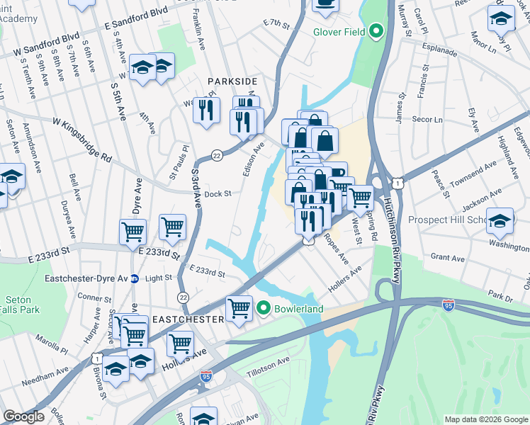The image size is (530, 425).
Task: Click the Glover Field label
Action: click(x=339, y=31)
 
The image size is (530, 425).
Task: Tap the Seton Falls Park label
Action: click(x=18, y=305)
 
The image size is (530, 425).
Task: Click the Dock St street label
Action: click(x=218, y=193)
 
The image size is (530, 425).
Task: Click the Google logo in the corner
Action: click(x=23, y=416)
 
